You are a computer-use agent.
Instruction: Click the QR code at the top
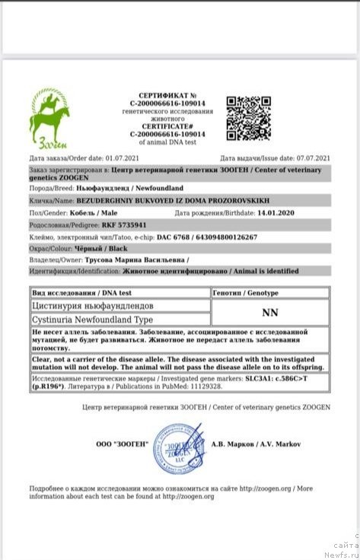(x=248, y=118)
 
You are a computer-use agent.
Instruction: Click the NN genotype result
(x=269, y=312)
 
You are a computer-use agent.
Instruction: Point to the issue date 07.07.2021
(x=311, y=157)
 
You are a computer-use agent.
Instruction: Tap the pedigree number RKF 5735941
(x=100, y=225)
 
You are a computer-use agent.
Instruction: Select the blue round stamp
(x=180, y=448)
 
